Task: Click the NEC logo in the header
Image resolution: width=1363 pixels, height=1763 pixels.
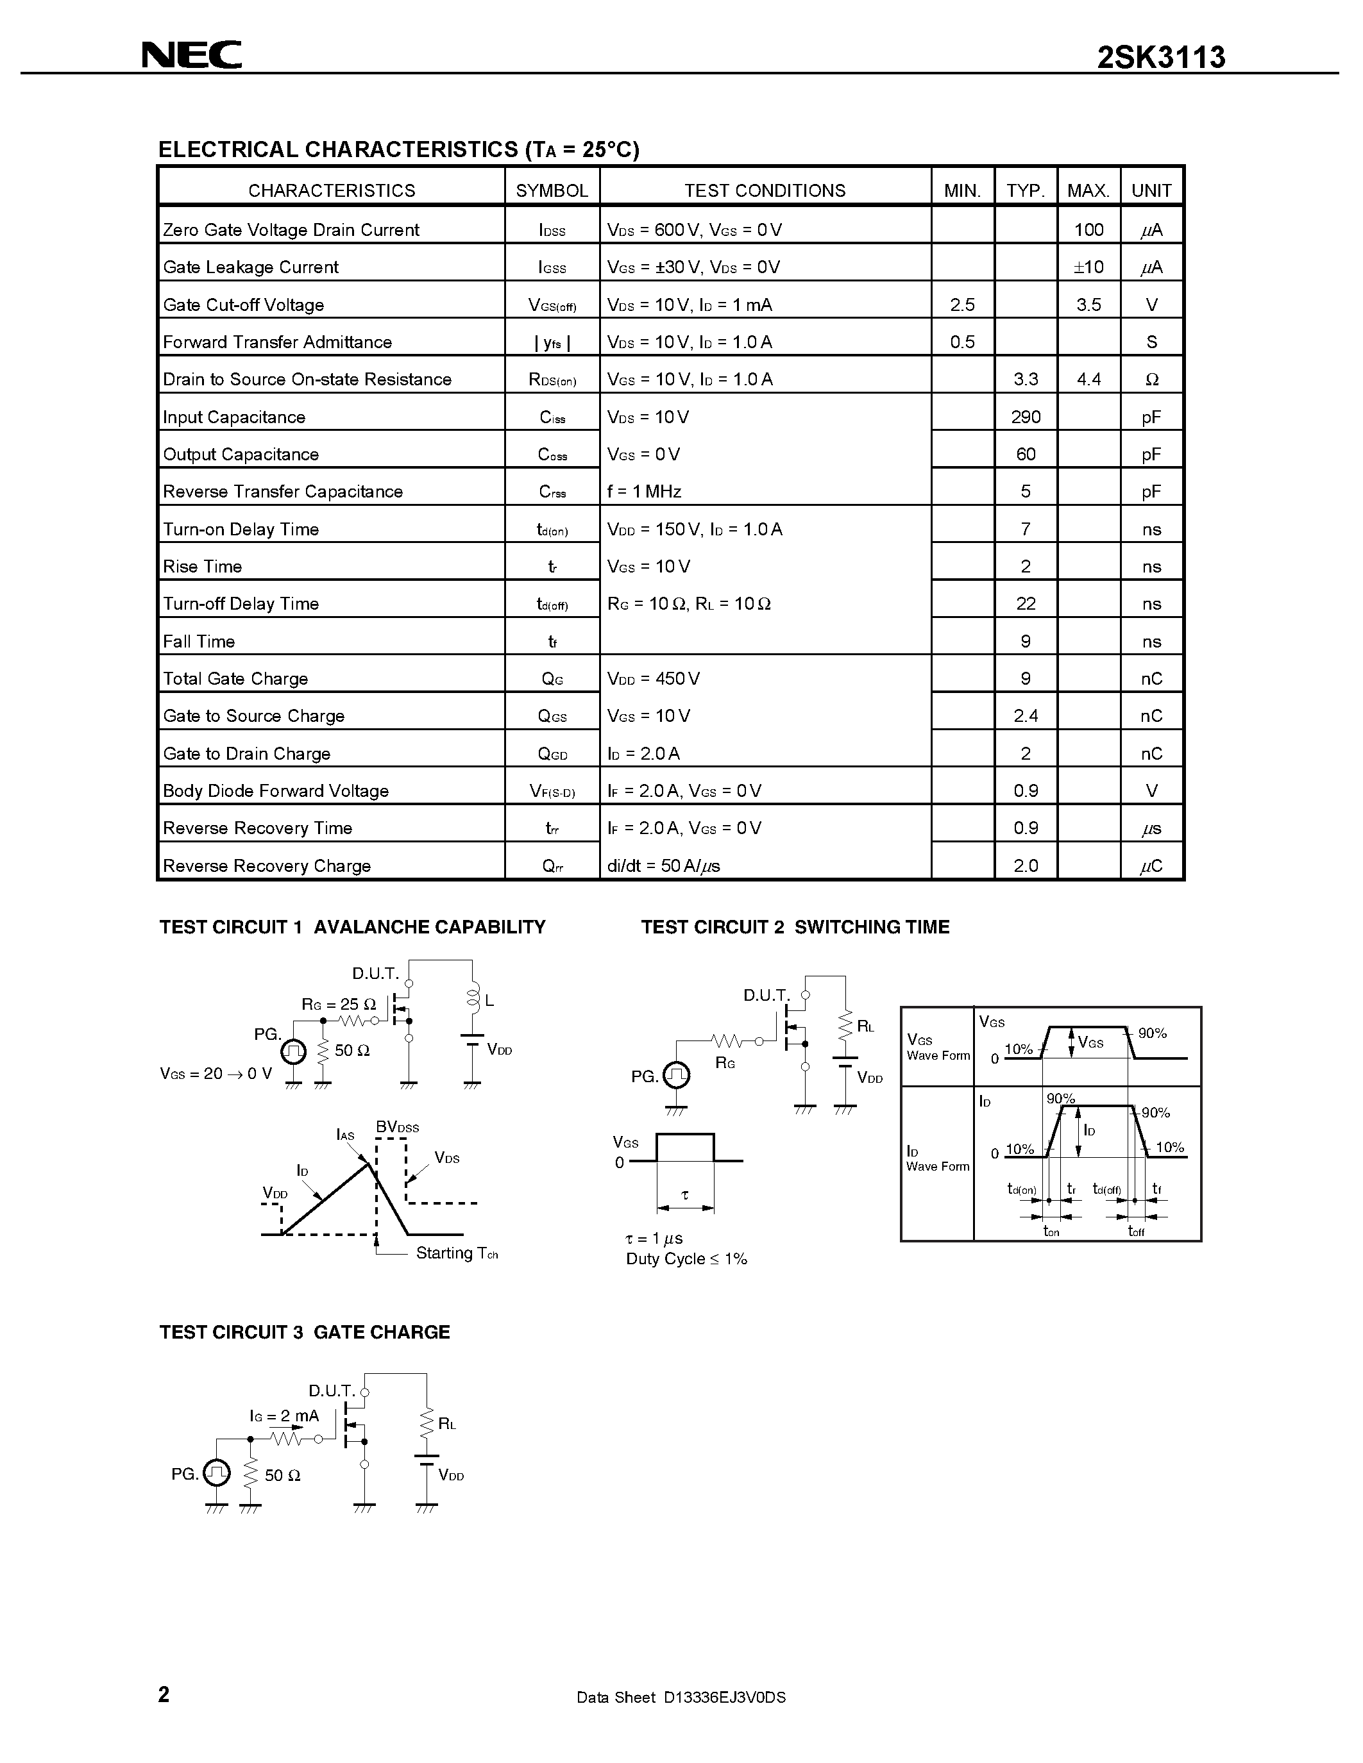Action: pos(191,55)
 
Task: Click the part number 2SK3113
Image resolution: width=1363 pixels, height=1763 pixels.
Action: pos(1160,57)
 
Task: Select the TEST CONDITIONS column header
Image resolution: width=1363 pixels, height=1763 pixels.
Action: pos(765,190)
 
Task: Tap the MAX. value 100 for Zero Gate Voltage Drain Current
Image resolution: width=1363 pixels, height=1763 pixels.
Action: pos(1088,230)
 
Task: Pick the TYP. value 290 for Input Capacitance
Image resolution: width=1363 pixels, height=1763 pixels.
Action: pos(1026,417)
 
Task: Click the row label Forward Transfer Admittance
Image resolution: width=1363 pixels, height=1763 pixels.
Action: pos(277,342)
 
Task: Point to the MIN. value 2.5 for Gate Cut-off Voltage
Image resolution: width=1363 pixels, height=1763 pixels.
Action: pos(963,305)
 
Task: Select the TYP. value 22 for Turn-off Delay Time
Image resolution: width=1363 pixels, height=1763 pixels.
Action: pos(1026,604)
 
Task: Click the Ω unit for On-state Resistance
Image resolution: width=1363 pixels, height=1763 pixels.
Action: pos(1151,380)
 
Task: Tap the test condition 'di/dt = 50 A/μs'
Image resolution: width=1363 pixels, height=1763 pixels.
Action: pos(663,866)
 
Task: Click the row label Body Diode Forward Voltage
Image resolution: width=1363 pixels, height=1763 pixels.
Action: pos(275,791)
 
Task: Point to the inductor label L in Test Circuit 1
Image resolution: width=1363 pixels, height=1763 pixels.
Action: pos(489,1001)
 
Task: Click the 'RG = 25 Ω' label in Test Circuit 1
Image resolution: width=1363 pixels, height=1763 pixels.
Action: pos(339,1004)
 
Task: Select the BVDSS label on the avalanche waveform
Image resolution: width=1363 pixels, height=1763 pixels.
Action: pos(397,1127)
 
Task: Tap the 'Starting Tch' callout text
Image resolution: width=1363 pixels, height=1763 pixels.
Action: pos(456,1253)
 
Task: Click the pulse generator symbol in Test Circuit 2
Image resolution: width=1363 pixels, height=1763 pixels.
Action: pos(676,1075)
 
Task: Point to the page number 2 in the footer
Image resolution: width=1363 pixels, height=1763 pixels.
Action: pos(164,1694)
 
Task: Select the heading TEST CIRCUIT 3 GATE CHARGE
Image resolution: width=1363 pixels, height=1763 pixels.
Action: pos(305,1332)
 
